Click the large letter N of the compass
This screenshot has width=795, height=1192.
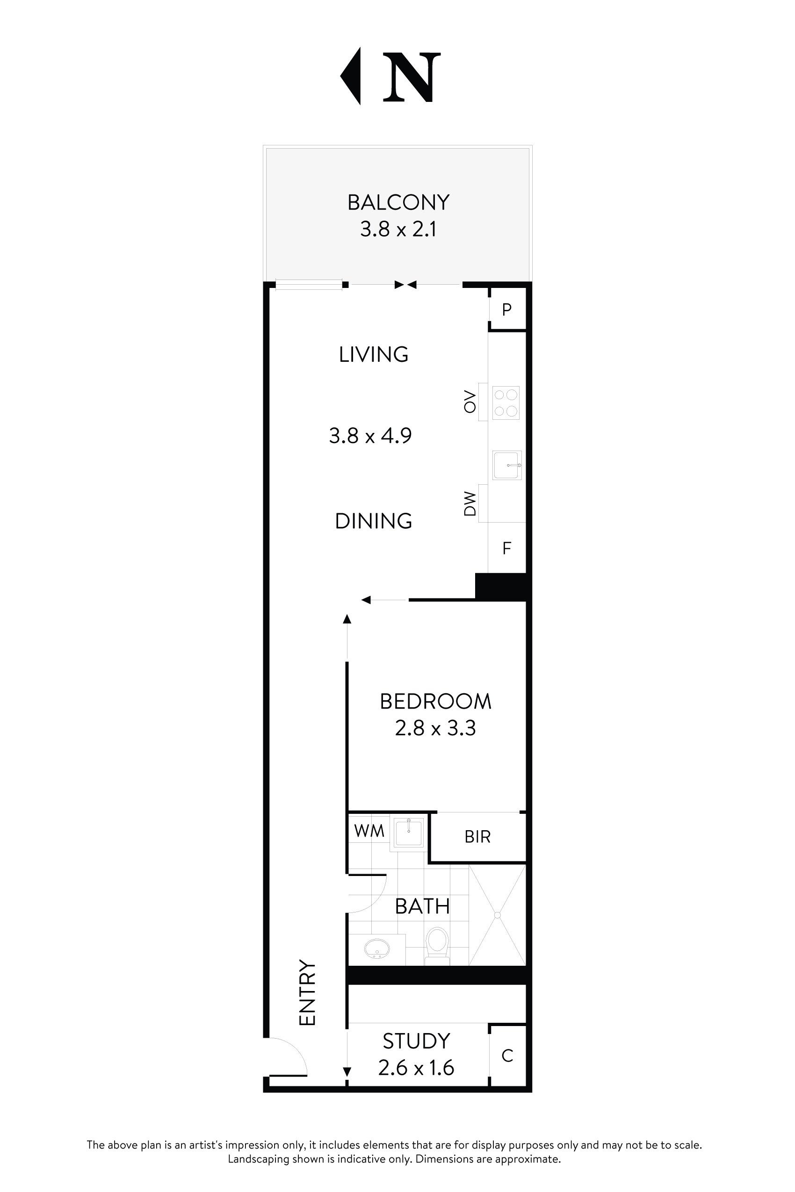[x=411, y=77]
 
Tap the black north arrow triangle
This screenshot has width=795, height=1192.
[x=352, y=76]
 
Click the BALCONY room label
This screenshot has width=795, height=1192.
[x=398, y=203]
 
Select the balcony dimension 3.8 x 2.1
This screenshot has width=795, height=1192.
[x=398, y=229]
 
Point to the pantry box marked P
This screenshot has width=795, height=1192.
[x=506, y=309]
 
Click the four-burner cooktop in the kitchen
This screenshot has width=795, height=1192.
[x=506, y=402]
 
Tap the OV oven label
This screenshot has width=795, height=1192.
[x=470, y=402]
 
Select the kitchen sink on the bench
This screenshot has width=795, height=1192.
[x=506, y=465]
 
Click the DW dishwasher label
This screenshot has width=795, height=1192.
[x=470, y=503]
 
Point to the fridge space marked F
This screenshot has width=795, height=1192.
[x=506, y=548]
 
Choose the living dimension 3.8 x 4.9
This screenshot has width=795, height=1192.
[x=370, y=435]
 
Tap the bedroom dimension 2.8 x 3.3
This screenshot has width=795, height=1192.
[x=435, y=728]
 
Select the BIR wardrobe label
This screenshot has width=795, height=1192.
[x=477, y=837]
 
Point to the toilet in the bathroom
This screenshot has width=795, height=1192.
[x=437, y=944]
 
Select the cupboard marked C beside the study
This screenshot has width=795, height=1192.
[x=507, y=1056]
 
